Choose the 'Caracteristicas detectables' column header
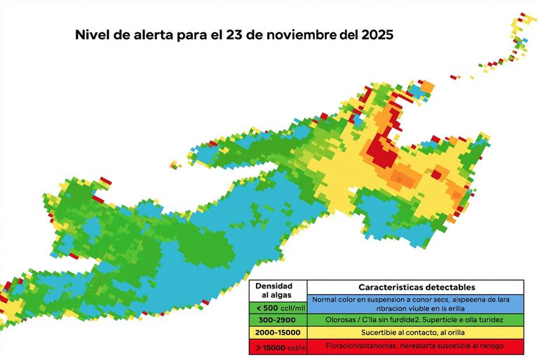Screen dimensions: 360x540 [x=416, y=287]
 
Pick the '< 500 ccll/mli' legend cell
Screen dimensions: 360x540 [x=278, y=308]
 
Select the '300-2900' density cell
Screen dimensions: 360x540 [x=278, y=319]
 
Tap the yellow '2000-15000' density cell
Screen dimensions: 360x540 [x=278, y=331]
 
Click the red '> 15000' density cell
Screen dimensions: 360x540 [x=278, y=346]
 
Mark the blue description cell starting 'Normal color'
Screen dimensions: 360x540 [x=416, y=304]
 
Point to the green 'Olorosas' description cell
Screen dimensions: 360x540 [x=416, y=319]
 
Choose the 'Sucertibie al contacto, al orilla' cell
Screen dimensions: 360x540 [x=416, y=331]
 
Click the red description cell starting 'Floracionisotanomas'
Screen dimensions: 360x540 [x=416, y=346]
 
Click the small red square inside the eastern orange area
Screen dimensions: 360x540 [x=437, y=173]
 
